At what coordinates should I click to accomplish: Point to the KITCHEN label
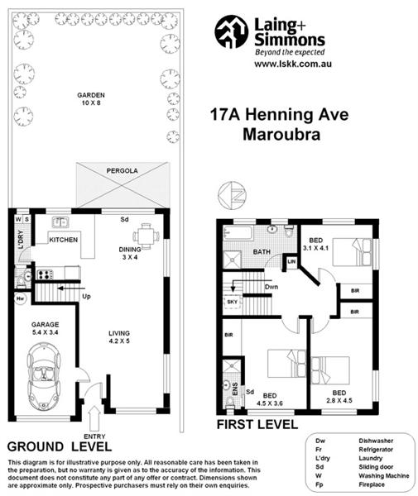click(63, 240)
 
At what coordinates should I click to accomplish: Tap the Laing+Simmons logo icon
click(231, 32)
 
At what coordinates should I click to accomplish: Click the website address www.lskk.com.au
click(276, 64)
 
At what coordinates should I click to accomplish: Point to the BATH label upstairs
click(262, 251)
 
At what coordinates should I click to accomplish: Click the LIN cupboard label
click(291, 262)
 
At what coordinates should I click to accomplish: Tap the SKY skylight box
click(232, 303)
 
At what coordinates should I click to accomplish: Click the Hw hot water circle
click(19, 298)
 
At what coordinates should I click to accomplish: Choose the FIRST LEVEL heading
click(257, 424)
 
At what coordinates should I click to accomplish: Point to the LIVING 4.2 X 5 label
click(119, 339)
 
